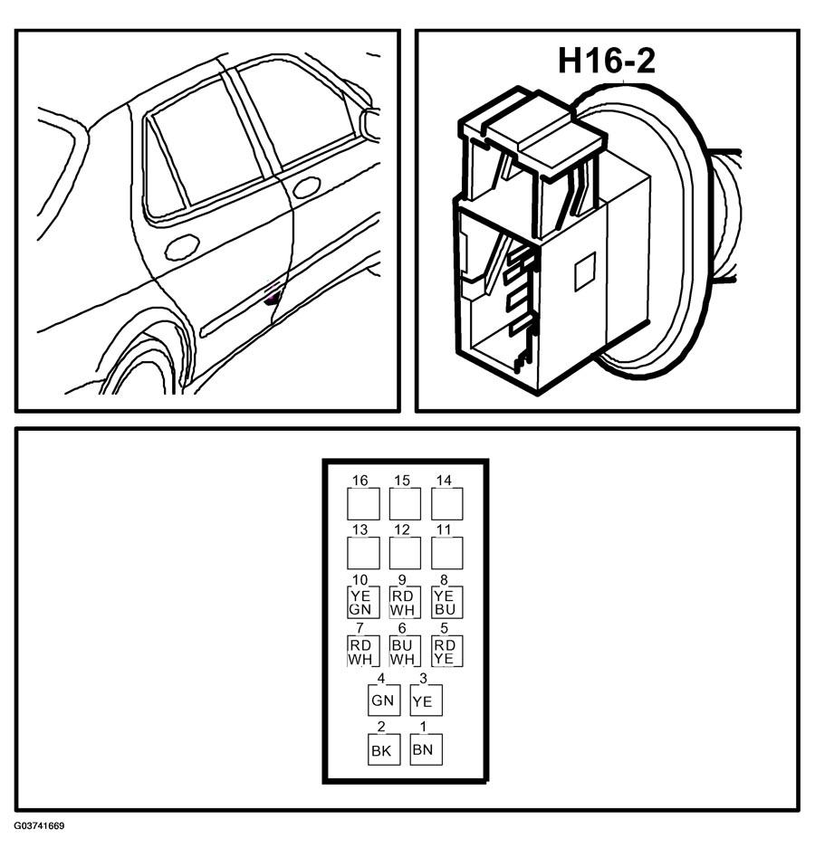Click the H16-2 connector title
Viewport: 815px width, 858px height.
click(607, 61)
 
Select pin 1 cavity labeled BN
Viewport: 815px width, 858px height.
click(426, 749)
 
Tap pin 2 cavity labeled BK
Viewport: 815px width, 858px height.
click(384, 749)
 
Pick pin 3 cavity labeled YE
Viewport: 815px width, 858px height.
click(426, 700)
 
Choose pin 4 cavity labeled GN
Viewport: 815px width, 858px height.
click(384, 700)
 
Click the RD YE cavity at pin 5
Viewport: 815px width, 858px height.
click(446, 651)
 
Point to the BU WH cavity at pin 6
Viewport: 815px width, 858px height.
click(405, 651)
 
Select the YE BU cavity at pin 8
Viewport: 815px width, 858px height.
click(446, 602)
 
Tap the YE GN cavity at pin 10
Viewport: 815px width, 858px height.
click(363, 602)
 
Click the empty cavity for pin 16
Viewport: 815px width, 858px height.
click(363, 503)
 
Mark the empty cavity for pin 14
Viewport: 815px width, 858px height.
click(446, 503)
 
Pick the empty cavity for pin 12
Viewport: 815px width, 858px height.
click(405, 553)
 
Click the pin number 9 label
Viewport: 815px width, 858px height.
click(402, 579)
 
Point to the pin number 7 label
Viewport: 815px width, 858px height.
click(360, 628)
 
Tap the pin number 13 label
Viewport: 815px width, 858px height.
click(360, 529)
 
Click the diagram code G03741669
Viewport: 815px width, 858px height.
click(40, 825)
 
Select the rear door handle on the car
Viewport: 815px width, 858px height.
click(182, 247)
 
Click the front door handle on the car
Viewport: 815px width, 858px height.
click(306, 187)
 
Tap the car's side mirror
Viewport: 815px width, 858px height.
click(370, 125)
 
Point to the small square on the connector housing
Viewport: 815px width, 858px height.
click(585, 272)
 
